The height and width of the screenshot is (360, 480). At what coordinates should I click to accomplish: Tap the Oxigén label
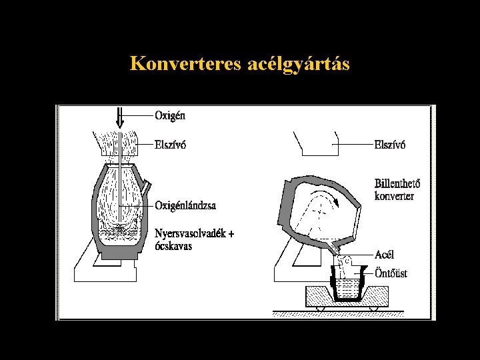point(171,115)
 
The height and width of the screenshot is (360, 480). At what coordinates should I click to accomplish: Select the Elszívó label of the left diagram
point(172,143)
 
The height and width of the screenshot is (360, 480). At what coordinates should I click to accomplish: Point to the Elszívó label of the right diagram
point(390,143)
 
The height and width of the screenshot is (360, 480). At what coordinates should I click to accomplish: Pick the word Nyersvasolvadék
point(191,233)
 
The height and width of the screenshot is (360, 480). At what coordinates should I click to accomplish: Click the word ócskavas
point(173,245)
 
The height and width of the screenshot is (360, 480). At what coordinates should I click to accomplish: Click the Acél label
point(385,255)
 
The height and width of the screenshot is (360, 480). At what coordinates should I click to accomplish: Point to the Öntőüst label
point(391,273)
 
